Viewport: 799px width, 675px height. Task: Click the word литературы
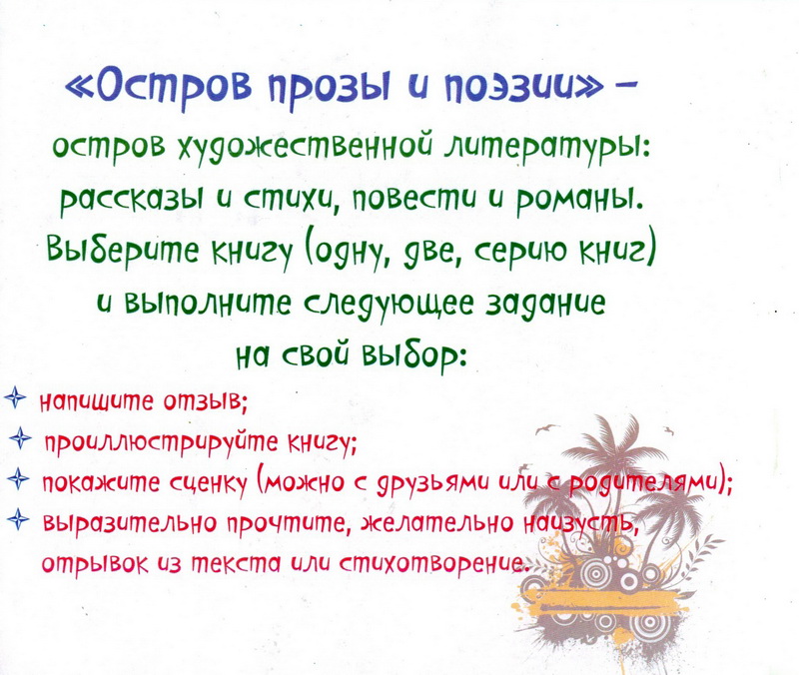click(x=540, y=151)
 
